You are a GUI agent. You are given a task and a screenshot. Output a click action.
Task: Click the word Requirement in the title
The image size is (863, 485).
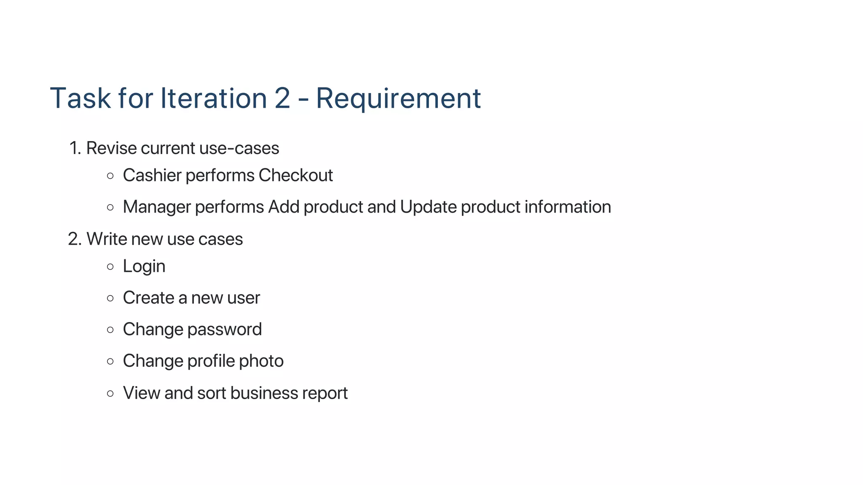click(398, 99)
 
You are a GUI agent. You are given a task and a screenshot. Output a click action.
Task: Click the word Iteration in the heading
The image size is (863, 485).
click(213, 99)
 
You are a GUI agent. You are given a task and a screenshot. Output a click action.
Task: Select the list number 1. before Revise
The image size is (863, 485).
click(75, 148)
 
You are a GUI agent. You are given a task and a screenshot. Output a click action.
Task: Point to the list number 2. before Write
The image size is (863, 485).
click(75, 239)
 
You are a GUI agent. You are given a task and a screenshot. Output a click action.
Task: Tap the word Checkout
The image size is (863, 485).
click(295, 175)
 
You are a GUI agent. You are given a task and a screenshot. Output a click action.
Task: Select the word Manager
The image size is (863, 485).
click(157, 207)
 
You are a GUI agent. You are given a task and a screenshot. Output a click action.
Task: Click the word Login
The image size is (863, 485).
click(144, 266)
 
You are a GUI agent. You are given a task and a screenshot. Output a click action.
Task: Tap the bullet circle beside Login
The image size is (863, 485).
click(110, 266)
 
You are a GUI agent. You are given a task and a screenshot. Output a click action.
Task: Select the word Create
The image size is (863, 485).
click(148, 298)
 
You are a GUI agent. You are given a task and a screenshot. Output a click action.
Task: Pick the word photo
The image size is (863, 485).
click(261, 361)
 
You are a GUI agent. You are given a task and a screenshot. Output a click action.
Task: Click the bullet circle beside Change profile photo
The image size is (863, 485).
click(110, 361)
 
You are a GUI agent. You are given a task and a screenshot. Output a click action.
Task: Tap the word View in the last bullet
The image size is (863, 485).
click(141, 393)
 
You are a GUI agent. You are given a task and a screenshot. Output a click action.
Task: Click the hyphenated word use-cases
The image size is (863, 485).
click(239, 148)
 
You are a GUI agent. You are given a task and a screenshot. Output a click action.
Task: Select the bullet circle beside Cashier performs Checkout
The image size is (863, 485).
click(110, 176)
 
